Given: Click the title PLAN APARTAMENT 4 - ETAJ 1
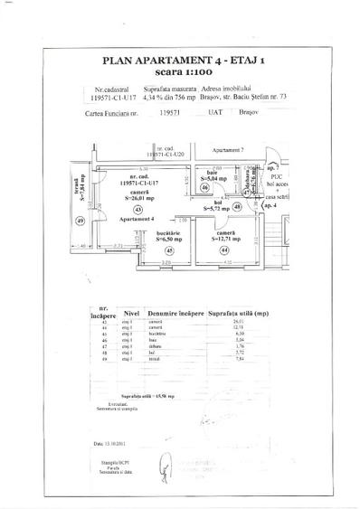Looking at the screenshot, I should coord(181,60).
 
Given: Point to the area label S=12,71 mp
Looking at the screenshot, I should coord(222,240).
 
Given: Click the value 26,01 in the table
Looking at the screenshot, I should coord(239,322).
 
